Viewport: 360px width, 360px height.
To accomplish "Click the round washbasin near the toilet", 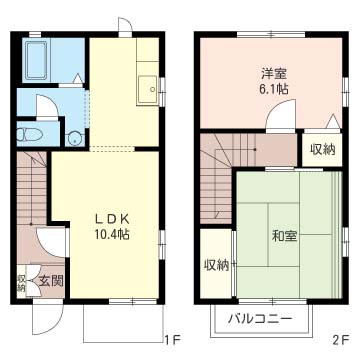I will coord(75,137).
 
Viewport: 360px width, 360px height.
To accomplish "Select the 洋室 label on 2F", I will coord(275,73).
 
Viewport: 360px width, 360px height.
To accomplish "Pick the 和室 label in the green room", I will coord(283,237).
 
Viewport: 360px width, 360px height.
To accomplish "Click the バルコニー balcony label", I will coord(259,319).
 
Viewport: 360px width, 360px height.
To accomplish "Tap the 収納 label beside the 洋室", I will coord(322,149).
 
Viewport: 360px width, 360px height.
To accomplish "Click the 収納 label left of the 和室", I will coord(216,265).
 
